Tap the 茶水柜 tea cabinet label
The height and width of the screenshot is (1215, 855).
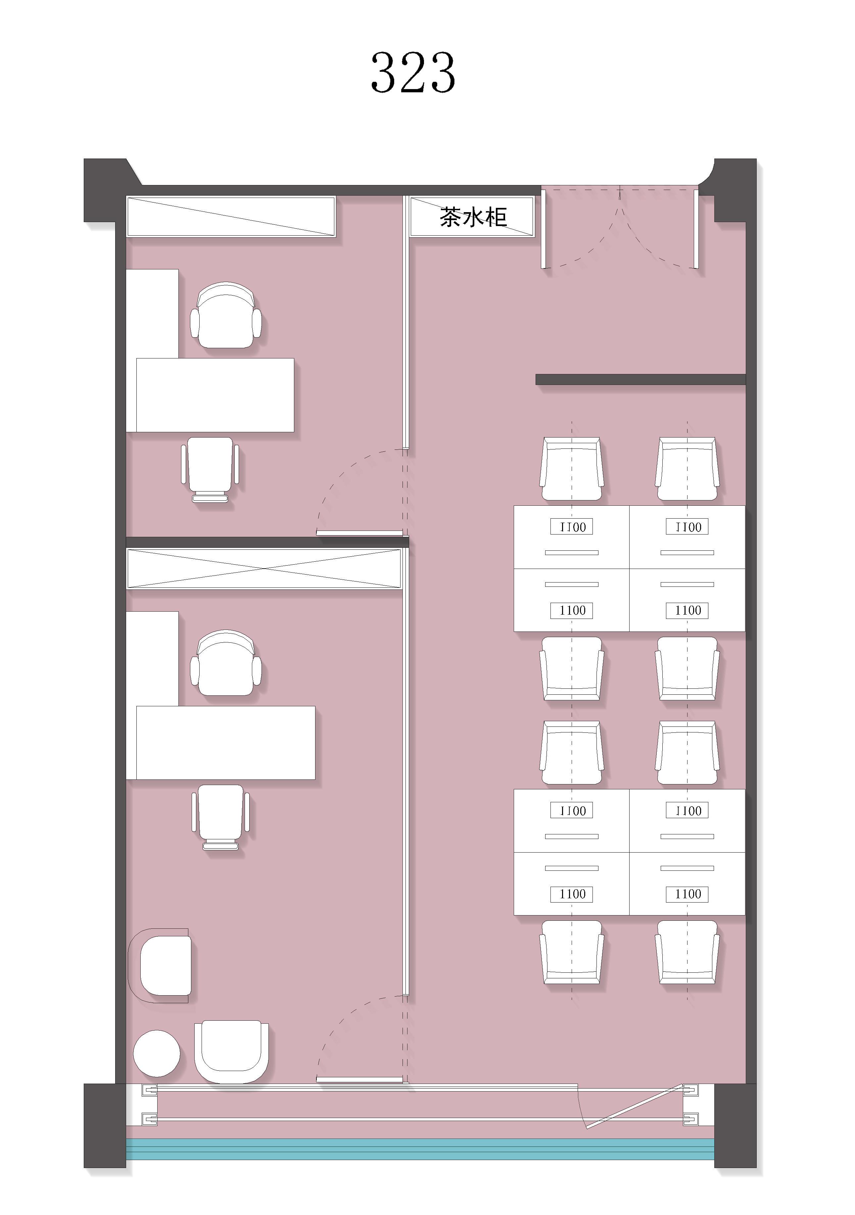pos(473,217)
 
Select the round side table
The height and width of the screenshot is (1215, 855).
pos(157,1053)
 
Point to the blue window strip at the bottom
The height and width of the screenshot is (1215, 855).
pos(420,1149)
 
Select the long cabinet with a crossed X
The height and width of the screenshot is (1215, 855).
pos(264,568)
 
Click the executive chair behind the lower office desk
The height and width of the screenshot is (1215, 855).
pos(226,663)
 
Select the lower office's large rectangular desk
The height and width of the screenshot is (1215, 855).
pos(226,742)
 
